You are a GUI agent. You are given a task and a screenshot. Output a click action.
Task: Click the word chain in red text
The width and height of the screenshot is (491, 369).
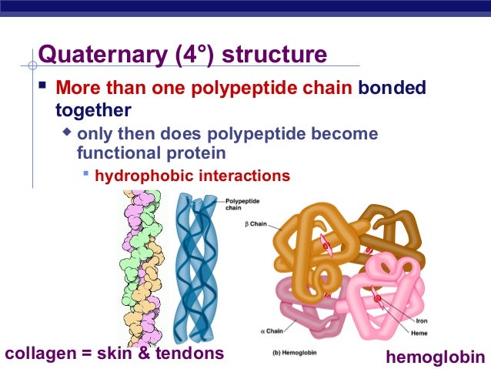324,88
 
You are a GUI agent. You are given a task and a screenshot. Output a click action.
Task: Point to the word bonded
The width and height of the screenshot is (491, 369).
391,88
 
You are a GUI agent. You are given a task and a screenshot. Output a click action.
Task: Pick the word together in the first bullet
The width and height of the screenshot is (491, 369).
93,110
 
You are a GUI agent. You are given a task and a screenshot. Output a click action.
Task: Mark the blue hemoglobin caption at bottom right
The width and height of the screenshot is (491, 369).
436,357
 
